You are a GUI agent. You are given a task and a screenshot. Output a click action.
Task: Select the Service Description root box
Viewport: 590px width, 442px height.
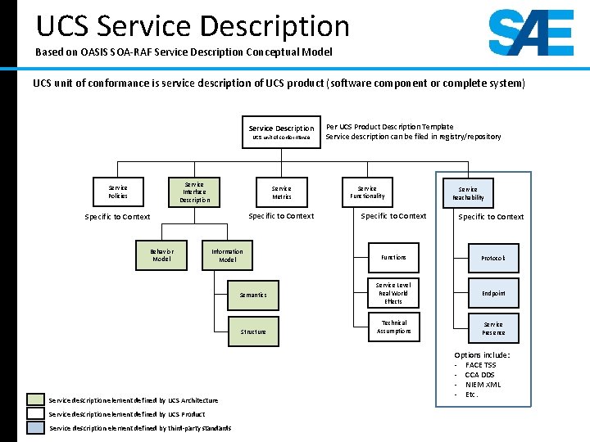pyautogui.click(x=281, y=133)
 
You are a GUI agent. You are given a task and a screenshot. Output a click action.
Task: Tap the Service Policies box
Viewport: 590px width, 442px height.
pyautogui.click(x=118, y=192)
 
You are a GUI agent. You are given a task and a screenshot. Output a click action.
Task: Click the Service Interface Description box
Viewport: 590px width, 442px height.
pyautogui.click(x=194, y=192)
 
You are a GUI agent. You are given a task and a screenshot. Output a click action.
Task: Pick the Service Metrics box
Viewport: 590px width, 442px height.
pyautogui.click(x=281, y=192)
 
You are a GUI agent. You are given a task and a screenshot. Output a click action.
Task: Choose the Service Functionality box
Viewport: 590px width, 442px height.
pyautogui.click(x=367, y=192)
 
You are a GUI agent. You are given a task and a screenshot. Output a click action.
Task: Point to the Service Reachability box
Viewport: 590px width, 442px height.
pyautogui.click(x=468, y=193)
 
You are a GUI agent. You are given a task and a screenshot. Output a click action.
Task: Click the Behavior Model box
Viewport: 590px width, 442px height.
pyautogui.click(x=161, y=255)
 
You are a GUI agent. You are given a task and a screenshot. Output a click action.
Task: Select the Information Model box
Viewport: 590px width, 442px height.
pyautogui.click(x=227, y=255)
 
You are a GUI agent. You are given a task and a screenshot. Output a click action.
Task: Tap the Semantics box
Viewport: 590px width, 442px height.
pyautogui.click(x=253, y=295)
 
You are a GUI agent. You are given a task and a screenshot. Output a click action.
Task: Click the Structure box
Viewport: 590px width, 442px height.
pyautogui.click(x=253, y=331)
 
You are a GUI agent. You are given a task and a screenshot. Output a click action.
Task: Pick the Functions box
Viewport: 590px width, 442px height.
pyautogui.click(x=393, y=257)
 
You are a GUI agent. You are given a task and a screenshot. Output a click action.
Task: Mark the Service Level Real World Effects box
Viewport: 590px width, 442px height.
pyautogui.click(x=393, y=293)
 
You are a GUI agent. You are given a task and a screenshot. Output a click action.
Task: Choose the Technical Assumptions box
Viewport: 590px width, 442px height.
pyautogui.click(x=393, y=327)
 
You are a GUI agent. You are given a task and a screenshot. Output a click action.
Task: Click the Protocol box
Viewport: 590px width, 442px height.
pyautogui.click(x=493, y=258)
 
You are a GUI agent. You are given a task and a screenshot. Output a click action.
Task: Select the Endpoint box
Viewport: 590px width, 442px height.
pyautogui.click(x=493, y=293)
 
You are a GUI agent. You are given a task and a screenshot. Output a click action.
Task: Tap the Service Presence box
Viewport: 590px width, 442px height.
pyautogui.click(x=493, y=328)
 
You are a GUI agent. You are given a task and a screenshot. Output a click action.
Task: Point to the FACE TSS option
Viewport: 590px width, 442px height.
pyautogui.click(x=480, y=365)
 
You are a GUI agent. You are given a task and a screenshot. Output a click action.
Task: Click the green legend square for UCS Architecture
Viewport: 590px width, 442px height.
pyautogui.click(x=35, y=399)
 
